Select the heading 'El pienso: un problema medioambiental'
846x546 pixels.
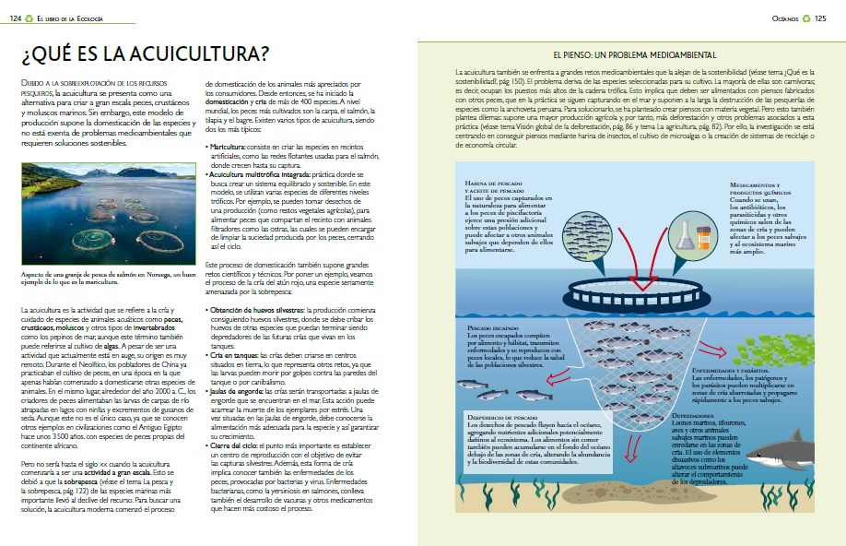pyautogui.click(x=627, y=55)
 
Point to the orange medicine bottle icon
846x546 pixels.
pyautogui.click(x=704, y=235)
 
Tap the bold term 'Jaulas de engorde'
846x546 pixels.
pyautogui.click(x=235, y=390)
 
